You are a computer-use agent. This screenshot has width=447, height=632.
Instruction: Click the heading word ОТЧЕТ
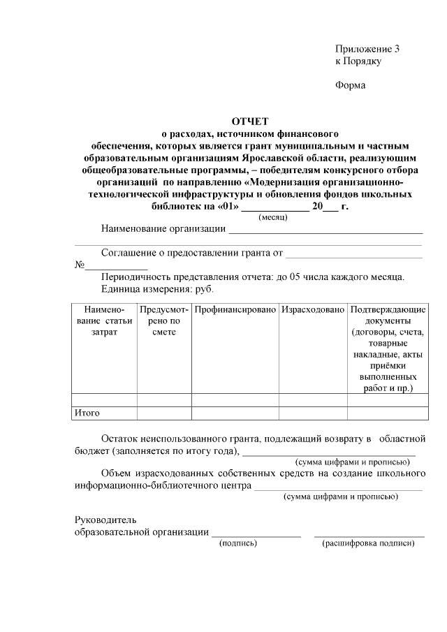249,122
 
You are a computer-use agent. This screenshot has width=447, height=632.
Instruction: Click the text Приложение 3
367,49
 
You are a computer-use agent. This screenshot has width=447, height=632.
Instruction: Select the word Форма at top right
351,85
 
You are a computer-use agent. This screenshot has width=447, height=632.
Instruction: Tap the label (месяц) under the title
273,218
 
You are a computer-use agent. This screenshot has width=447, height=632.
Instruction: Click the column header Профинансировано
235,309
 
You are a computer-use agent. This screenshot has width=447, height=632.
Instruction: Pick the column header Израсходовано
313,309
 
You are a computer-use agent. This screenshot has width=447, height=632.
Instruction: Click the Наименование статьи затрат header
104,321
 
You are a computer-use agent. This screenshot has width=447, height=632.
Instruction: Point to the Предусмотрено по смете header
164,321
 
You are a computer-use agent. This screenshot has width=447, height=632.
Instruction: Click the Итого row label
87,413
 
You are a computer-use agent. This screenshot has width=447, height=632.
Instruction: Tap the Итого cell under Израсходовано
313,413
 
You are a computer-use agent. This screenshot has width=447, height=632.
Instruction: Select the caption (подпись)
238,543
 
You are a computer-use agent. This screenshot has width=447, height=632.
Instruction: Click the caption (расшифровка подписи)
368,543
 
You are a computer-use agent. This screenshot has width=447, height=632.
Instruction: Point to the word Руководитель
106,520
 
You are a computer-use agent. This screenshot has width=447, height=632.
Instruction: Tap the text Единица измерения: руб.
157,288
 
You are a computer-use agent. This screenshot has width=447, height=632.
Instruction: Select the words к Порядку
358,61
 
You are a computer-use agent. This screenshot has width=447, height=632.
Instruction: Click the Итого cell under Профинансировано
235,413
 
